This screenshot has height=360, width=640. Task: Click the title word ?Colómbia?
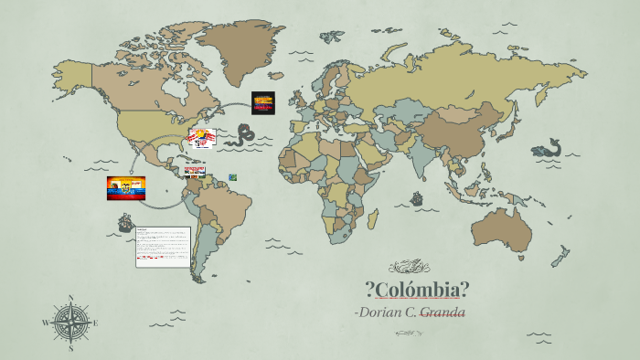(x=417, y=291)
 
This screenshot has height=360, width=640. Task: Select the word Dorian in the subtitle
(x=382, y=313)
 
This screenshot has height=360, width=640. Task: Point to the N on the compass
(x=71, y=297)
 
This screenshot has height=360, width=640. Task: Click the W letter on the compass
(x=46, y=323)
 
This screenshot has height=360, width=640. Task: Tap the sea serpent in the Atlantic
(x=243, y=137)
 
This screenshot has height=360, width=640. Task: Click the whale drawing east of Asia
(x=549, y=148)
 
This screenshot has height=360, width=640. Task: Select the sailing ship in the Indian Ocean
(x=418, y=198)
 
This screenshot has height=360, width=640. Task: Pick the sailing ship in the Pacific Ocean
(x=125, y=222)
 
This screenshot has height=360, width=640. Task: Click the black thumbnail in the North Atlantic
(x=263, y=102)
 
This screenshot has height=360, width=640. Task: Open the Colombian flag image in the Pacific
(x=126, y=188)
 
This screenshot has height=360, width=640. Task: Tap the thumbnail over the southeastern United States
(x=201, y=138)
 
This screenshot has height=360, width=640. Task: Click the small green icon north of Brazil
(x=232, y=176)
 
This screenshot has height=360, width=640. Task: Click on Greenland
(x=240, y=46)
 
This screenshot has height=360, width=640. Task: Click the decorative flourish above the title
(x=408, y=267)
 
